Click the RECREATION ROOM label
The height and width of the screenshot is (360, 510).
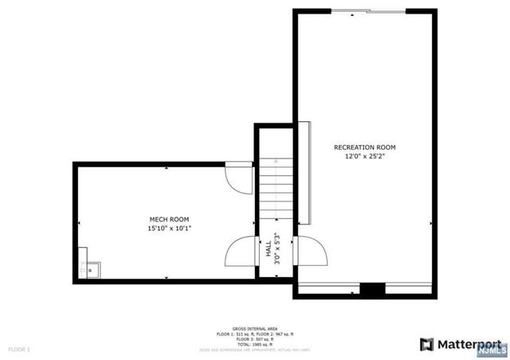tap(364, 147)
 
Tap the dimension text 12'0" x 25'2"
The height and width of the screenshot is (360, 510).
tap(364, 157)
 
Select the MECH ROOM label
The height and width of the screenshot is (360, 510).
tap(170, 219)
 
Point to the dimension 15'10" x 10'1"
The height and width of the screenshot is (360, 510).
tap(170, 229)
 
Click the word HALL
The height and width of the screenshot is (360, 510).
tap(268, 249)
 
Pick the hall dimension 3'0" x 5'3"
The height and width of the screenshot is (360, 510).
tap(277, 249)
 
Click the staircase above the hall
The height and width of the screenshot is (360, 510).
tap(275, 191)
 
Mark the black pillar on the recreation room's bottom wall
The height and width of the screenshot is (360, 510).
tap(371, 290)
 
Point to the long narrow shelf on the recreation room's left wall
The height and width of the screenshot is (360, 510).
tap(303, 173)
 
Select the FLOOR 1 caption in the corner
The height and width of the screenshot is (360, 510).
tap(19, 349)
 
